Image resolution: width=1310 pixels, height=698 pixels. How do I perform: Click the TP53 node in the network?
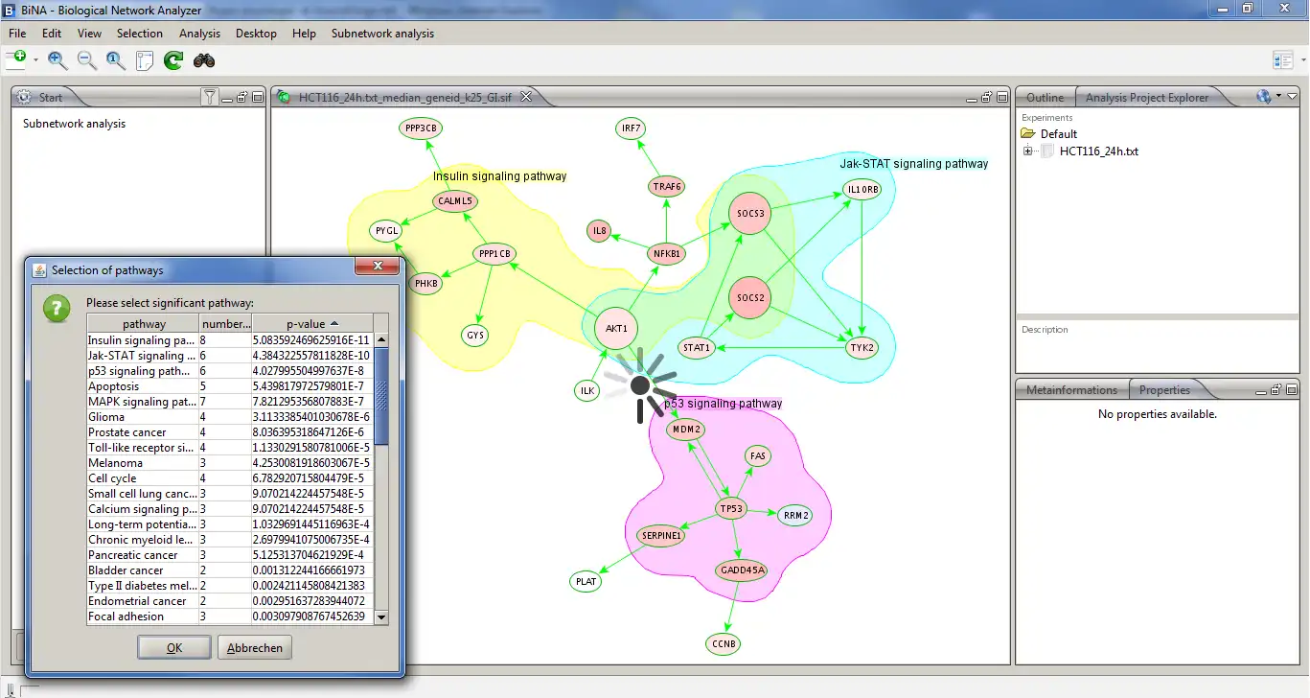(x=731, y=509)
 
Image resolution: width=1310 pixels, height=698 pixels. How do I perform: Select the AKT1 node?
(x=616, y=329)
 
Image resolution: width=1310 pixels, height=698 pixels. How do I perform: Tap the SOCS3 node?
(x=750, y=213)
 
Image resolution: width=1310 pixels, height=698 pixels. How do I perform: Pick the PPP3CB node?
(x=422, y=128)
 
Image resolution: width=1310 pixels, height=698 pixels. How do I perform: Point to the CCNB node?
(x=724, y=643)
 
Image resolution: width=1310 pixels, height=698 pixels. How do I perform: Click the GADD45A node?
(x=741, y=570)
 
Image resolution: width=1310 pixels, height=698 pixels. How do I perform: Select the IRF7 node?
(x=631, y=128)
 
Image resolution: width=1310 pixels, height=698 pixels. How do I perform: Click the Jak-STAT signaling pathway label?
(x=913, y=164)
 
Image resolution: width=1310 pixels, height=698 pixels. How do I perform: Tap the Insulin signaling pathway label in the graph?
(x=499, y=176)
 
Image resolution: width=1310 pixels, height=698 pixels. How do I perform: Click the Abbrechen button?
(x=255, y=648)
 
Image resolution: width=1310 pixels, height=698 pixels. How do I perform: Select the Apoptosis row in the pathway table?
(x=114, y=386)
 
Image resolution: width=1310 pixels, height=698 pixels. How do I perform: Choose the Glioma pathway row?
(x=106, y=417)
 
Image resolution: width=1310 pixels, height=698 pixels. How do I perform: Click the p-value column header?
(x=312, y=324)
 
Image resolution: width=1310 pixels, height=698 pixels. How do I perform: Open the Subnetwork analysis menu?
(x=382, y=34)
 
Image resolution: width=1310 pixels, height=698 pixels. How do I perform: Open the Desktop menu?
(x=256, y=34)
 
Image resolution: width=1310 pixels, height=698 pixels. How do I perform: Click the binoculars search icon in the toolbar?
(x=204, y=60)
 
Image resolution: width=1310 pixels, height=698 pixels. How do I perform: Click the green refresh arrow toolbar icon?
(x=173, y=60)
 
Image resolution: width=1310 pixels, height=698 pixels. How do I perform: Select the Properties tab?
(x=1164, y=390)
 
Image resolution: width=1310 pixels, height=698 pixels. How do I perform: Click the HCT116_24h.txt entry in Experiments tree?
(x=1098, y=151)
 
